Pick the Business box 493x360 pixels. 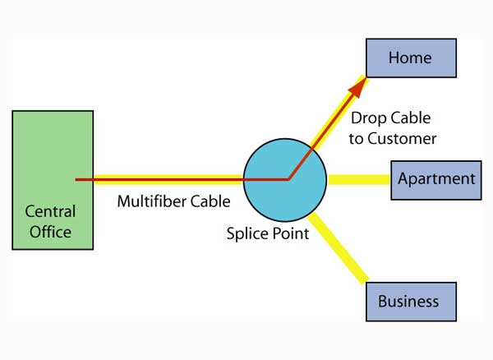coord(408,302)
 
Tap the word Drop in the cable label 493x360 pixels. coord(368,118)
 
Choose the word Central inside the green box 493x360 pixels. coord(52,211)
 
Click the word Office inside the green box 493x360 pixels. coord(51,232)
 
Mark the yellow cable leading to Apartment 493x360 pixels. coord(358,179)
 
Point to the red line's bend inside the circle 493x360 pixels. coord(288,178)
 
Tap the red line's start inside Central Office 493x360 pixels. coord(77,178)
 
